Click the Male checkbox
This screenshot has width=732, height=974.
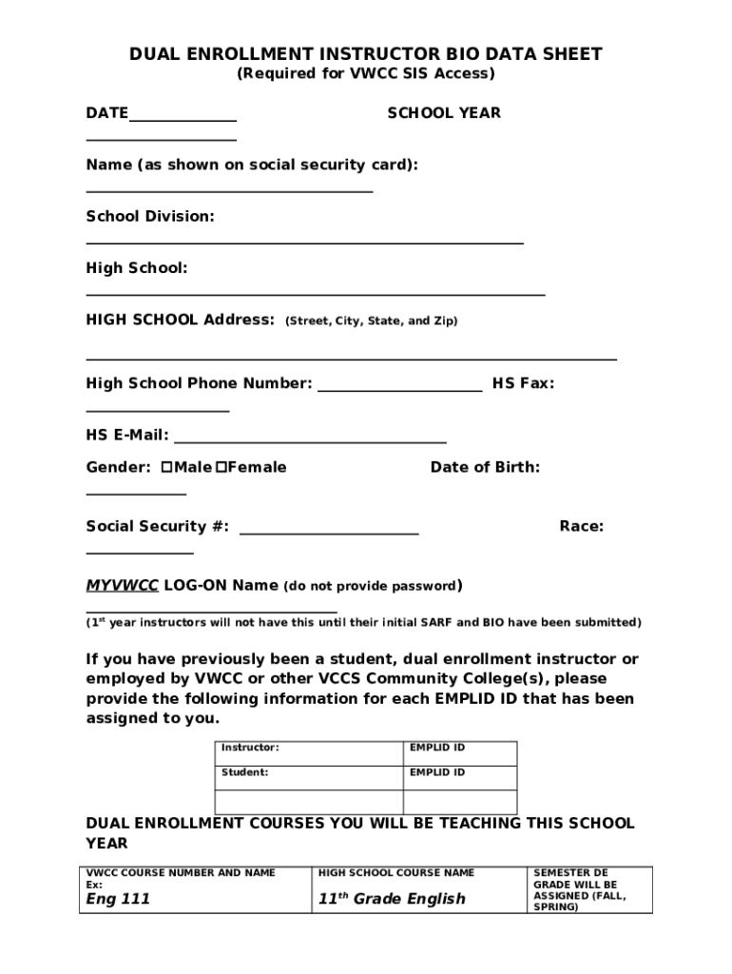click(166, 467)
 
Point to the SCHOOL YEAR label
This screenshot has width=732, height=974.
click(443, 113)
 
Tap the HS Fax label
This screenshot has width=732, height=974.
click(522, 383)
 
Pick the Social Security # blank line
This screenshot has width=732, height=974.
click(329, 532)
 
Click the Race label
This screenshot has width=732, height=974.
click(581, 526)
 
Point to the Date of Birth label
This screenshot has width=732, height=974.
click(485, 467)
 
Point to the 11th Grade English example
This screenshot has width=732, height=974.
click(392, 899)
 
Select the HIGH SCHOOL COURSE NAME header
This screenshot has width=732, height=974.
click(395, 872)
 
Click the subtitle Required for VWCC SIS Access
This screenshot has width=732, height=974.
click(365, 73)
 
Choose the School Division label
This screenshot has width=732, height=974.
click(150, 217)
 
